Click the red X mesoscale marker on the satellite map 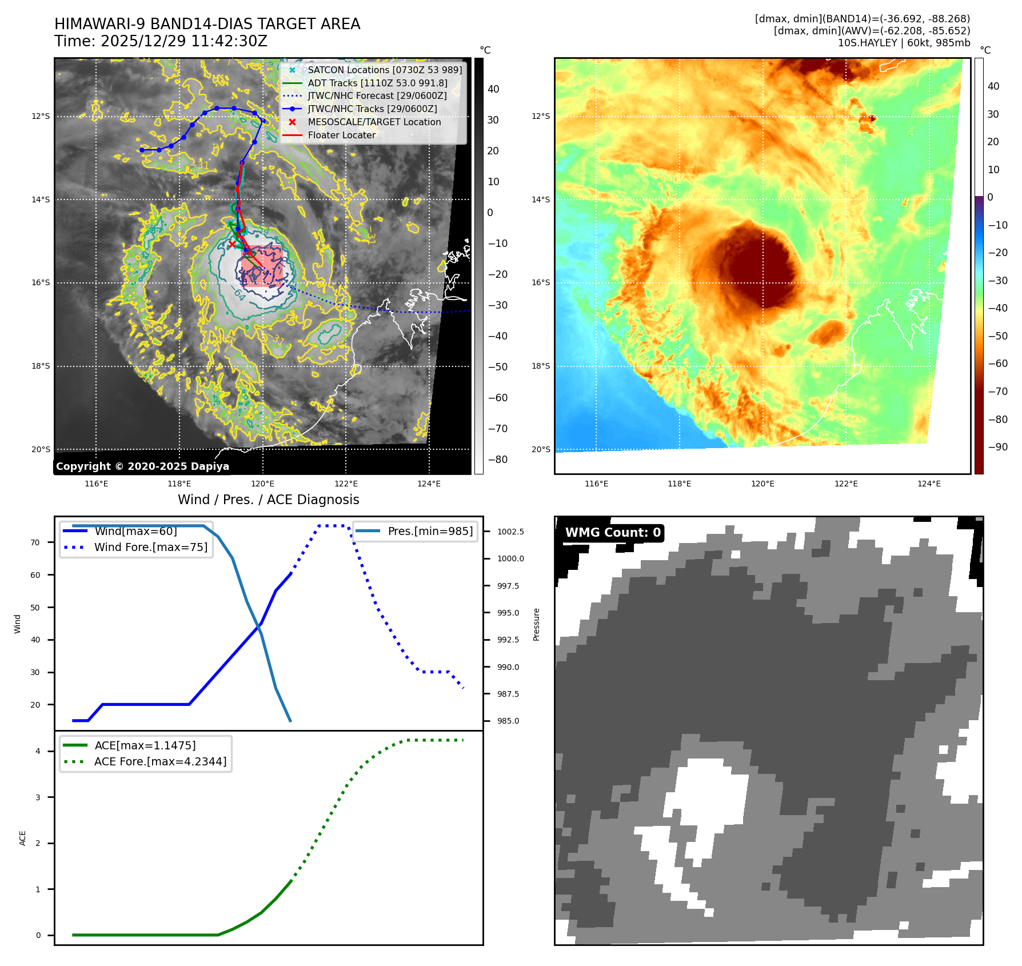coord(232,244)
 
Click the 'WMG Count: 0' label coord(612,533)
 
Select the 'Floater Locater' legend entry coord(341,135)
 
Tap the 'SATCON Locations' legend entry coord(384,70)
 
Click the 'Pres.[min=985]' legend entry coord(430,531)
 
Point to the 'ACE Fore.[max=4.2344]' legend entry coord(160,761)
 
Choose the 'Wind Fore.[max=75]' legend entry coord(151,547)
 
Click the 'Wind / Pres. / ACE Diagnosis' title coord(269,500)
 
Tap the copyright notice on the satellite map coord(142,466)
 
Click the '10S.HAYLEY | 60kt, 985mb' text coord(904,43)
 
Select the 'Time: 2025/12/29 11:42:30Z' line coord(161,41)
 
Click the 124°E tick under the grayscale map coord(429,484)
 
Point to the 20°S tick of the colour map coord(541,449)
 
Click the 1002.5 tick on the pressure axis coord(510,532)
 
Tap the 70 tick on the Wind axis coord(35,542)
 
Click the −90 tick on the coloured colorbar coord(997,447)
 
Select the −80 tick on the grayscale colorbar coord(497,460)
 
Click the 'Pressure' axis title coord(536,624)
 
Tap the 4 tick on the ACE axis coord(38,751)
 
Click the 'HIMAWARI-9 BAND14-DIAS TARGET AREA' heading coord(207,24)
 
